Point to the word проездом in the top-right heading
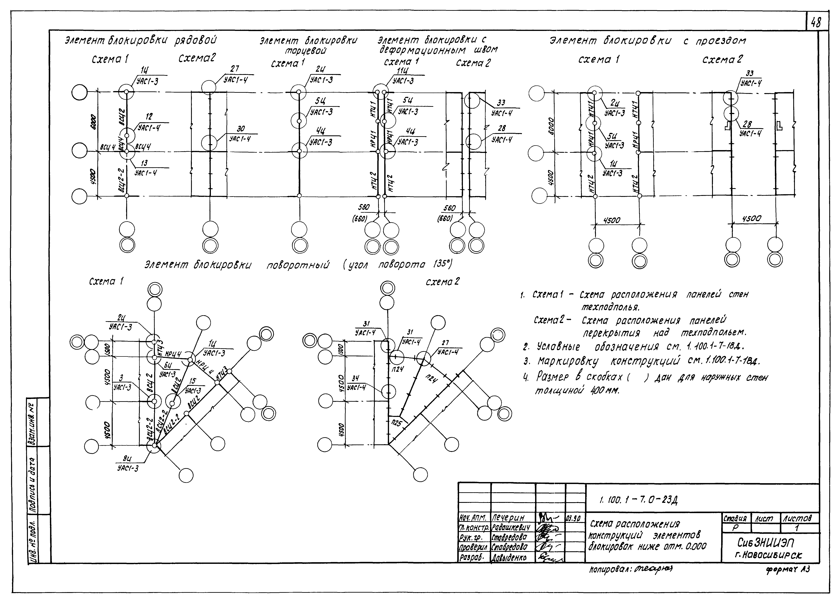click(x=720, y=41)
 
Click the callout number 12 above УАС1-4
click(x=149, y=117)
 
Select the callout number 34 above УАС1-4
click(x=355, y=378)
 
